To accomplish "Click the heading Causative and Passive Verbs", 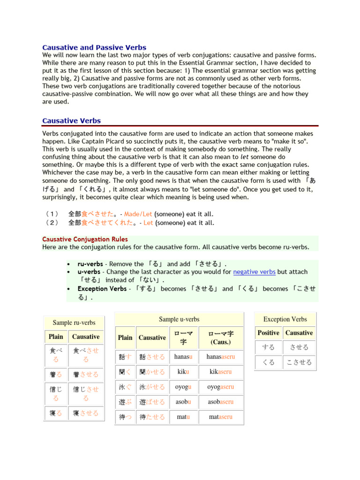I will (94, 47).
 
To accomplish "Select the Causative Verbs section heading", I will (71, 121).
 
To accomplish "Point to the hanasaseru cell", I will (221, 357).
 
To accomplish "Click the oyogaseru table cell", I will (221, 387).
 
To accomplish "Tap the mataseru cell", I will (221, 417).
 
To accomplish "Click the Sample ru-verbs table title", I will (74, 322).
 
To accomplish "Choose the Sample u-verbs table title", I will (179, 319).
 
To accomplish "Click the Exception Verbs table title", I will (285, 319).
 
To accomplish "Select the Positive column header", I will (269, 333).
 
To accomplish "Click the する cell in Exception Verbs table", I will (269, 347).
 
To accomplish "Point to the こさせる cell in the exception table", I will (299, 362).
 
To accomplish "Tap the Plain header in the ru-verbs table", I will (56, 337).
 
